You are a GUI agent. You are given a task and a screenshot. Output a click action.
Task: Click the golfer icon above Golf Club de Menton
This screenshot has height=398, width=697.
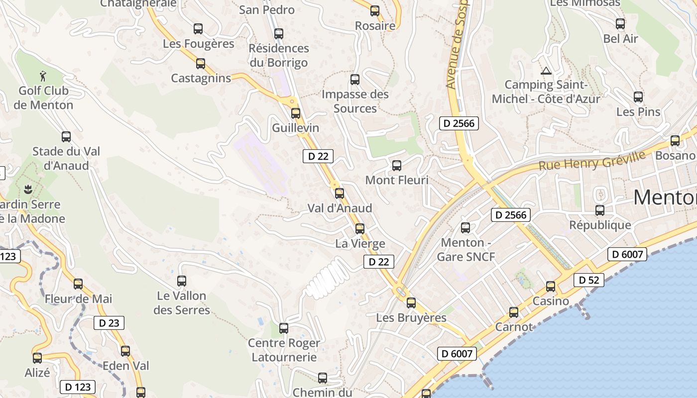[44, 76]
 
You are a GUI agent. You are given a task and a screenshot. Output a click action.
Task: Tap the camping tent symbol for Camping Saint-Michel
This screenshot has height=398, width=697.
[546, 71]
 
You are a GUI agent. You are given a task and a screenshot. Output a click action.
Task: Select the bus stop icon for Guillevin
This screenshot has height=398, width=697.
[296, 113]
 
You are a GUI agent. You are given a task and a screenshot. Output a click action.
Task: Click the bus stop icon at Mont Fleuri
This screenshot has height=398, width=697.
[397, 165]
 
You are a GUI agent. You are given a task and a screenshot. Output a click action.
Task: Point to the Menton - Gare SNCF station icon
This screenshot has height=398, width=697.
[465, 228]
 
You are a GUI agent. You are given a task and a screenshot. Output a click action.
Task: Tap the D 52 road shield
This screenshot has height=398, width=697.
[588, 280]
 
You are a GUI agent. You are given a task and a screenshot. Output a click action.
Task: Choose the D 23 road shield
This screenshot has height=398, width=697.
[109, 323]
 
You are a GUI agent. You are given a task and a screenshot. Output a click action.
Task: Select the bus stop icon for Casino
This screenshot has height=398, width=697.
[550, 286]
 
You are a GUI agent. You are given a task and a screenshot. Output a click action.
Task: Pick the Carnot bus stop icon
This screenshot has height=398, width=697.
[514, 312]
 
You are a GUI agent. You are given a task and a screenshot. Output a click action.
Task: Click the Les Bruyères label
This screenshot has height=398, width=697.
[411, 317]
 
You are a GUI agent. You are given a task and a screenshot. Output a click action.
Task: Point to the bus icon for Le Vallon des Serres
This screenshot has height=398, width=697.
[182, 281]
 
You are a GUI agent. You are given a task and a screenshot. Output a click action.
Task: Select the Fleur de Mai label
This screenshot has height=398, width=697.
[78, 299]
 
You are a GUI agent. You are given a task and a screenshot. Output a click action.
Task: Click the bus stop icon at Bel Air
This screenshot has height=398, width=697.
[620, 23]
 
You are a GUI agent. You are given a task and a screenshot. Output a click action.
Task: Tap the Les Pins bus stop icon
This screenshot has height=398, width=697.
[638, 97]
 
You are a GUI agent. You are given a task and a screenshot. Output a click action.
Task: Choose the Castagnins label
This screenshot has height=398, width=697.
[201, 78]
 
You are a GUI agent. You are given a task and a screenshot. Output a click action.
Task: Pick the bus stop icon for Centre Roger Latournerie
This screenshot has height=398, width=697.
[284, 328]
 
